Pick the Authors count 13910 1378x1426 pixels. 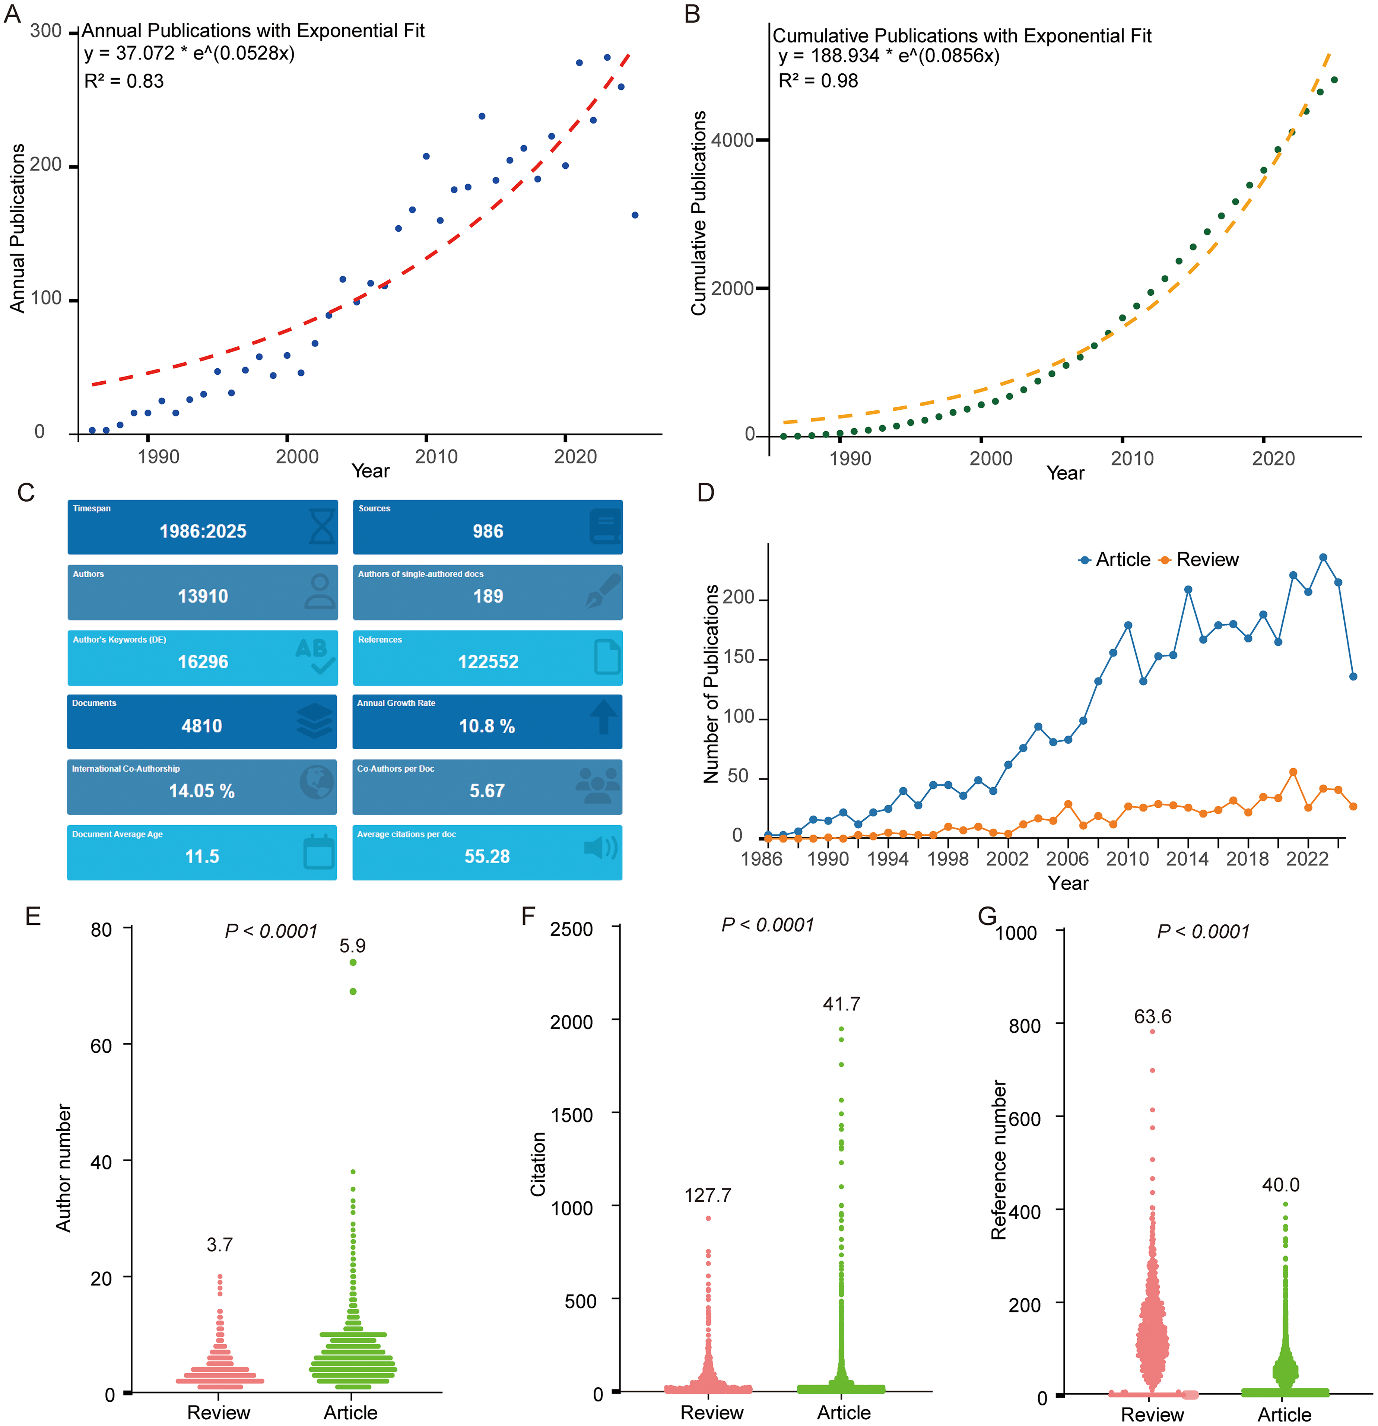point(203,596)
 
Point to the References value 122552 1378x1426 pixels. point(488,661)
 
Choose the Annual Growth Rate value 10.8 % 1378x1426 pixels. point(487,726)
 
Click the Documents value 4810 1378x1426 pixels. point(201,726)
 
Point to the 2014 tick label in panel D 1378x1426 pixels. point(1187,859)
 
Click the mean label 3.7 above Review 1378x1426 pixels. point(220,1245)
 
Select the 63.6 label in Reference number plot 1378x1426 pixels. point(1152,1016)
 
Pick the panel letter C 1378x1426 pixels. point(26,493)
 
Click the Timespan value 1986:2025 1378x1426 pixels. point(203,531)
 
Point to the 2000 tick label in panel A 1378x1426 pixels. point(297,457)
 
